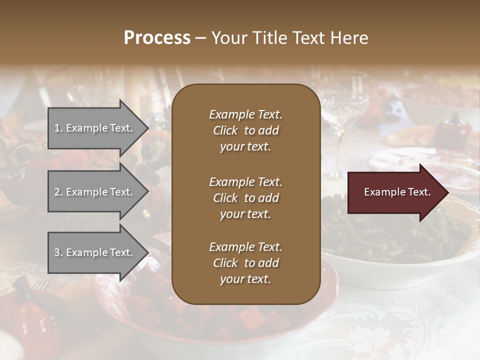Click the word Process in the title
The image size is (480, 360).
click(x=157, y=37)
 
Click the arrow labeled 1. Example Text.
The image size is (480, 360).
click(x=95, y=128)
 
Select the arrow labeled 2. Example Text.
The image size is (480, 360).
click(x=95, y=192)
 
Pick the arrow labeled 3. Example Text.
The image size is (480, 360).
click(x=95, y=252)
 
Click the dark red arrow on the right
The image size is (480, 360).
click(x=395, y=192)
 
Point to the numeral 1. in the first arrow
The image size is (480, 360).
click(x=58, y=128)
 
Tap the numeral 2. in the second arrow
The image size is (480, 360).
click(x=58, y=192)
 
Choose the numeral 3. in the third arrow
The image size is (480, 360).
click(x=58, y=252)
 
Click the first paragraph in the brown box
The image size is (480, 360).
click(x=245, y=130)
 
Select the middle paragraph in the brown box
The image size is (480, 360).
click(x=245, y=198)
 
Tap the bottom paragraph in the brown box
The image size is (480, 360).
click(x=245, y=263)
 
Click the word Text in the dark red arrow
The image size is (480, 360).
click(x=419, y=192)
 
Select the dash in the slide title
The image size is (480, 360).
click(x=201, y=38)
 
